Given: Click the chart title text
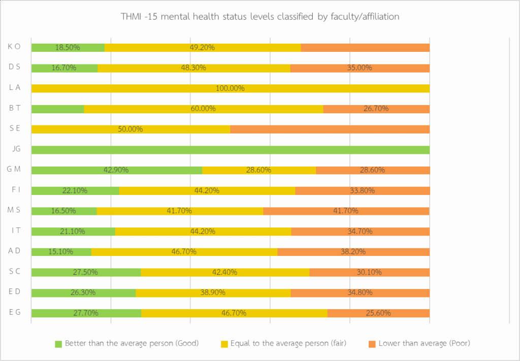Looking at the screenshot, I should [x=260, y=17].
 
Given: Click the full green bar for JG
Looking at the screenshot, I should [x=231, y=150].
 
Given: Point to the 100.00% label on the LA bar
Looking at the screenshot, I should [x=230, y=88].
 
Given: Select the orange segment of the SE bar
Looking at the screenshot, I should [x=330, y=129].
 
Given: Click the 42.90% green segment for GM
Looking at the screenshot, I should [x=117, y=170].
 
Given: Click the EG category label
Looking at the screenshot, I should [x=14, y=312].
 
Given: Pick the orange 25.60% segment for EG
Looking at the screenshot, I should [x=378, y=313].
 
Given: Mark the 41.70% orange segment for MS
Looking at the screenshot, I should [x=346, y=211].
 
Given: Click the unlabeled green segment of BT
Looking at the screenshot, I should [x=57, y=109].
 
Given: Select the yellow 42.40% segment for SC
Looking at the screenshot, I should [x=225, y=272].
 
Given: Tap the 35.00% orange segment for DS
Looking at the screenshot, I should [x=360, y=68].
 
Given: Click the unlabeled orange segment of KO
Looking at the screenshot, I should [x=365, y=48].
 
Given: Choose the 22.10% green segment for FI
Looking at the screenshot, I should [x=75, y=190].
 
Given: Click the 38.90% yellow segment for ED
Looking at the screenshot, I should [x=213, y=292].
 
